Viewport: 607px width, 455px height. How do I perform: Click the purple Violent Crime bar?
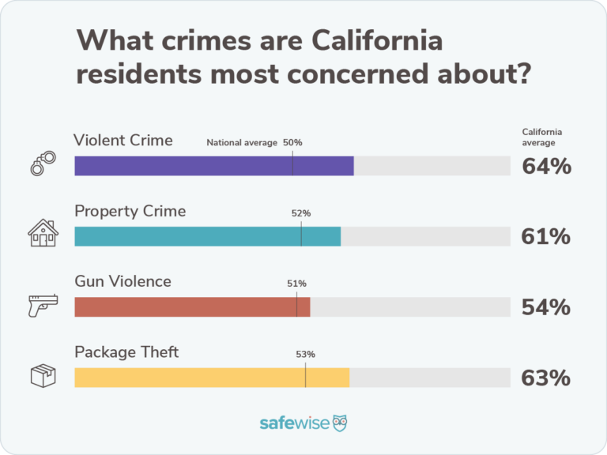pyautogui.click(x=213, y=166)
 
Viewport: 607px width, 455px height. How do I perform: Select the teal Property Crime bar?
pyautogui.click(x=207, y=236)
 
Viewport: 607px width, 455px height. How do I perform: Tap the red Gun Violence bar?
pyautogui.click(x=192, y=306)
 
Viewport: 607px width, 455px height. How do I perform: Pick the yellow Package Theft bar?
pyautogui.click(x=212, y=378)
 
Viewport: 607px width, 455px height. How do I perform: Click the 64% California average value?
pyautogui.click(x=546, y=166)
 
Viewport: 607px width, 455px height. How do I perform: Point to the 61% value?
pyautogui.click(x=546, y=236)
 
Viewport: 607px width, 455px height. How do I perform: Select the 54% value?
pyautogui.click(x=546, y=307)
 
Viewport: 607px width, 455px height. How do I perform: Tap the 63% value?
pyautogui.click(x=546, y=378)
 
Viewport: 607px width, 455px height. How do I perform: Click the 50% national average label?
pyautogui.click(x=292, y=143)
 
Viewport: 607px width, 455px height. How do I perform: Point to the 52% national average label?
pyautogui.click(x=301, y=213)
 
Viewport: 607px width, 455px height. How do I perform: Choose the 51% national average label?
pyautogui.click(x=296, y=284)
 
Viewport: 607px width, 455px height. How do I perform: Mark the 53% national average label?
pyautogui.click(x=305, y=354)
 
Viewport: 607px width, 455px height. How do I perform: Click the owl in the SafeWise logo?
pyautogui.click(x=340, y=423)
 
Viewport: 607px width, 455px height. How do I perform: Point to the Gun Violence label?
pyautogui.click(x=123, y=281)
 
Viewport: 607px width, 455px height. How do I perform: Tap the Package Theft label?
pyautogui.click(x=126, y=352)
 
